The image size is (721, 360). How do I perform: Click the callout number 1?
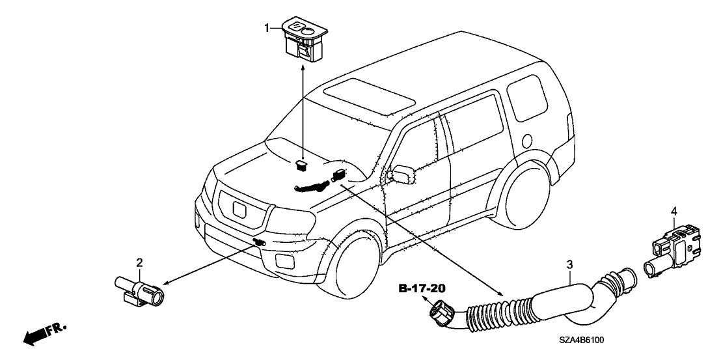click(x=266, y=27)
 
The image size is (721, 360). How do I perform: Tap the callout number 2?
click(x=139, y=263)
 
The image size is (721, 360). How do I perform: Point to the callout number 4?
click(x=673, y=211)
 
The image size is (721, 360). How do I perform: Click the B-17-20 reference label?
click(x=422, y=287)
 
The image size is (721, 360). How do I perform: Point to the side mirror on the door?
click(x=398, y=175)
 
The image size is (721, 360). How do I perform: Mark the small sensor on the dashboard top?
click(x=301, y=163)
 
